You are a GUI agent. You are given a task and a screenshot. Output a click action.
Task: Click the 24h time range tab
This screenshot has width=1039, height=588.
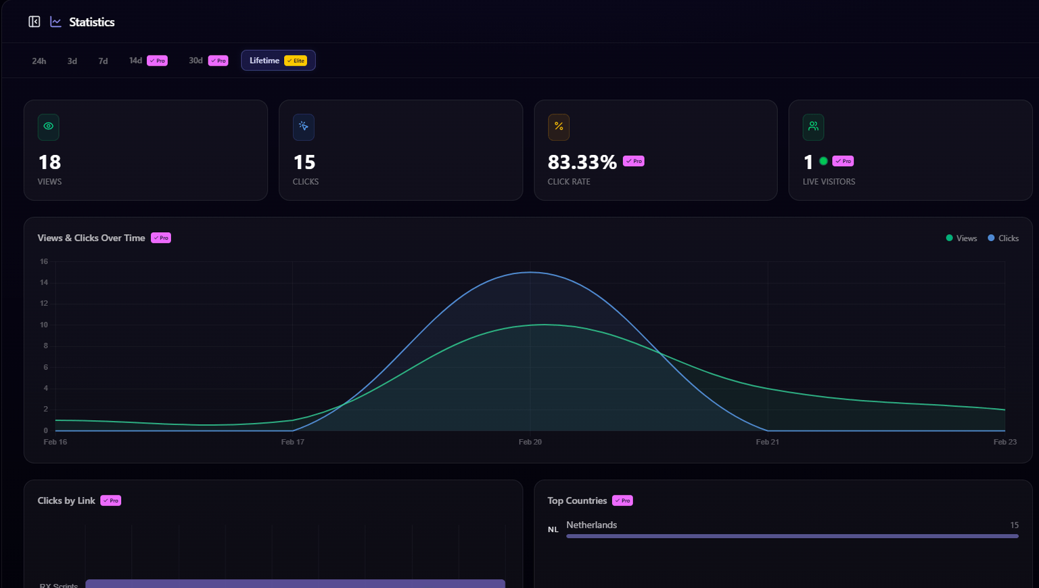point(39,61)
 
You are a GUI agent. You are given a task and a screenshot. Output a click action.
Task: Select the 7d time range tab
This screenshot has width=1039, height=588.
point(103,61)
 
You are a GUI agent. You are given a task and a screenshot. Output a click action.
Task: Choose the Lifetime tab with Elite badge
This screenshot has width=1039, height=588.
point(278,60)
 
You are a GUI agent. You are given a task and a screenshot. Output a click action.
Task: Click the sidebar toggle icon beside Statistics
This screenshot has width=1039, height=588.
point(34,22)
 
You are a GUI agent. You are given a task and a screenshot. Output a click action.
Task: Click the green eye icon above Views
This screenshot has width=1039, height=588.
point(49,127)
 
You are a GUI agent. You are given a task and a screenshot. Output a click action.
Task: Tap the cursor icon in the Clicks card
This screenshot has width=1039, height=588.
point(304,127)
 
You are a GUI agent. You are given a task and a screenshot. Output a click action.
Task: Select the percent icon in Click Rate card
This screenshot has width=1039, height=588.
point(559,127)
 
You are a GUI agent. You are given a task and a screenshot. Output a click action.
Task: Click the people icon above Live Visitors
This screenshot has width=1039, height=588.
point(813,127)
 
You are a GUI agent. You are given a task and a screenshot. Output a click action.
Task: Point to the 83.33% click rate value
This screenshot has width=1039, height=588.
point(582,162)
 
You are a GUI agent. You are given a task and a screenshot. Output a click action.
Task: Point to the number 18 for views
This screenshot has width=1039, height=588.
point(49,162)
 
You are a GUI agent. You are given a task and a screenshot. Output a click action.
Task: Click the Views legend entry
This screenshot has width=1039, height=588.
point(961,238)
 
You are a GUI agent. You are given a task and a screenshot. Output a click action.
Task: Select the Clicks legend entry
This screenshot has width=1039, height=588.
point(1003,238)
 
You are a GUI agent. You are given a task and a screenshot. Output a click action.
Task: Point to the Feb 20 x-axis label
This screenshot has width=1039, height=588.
point(530,442)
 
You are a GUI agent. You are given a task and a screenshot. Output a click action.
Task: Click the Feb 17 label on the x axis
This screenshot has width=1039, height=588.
point(293,442)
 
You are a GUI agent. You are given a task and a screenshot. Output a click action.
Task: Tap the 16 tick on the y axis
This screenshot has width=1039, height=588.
point(44,261)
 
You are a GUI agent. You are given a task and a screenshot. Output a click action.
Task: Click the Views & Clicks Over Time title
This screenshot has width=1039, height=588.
point(91,238)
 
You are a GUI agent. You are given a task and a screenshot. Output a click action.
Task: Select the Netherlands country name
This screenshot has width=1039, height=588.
point(591,525)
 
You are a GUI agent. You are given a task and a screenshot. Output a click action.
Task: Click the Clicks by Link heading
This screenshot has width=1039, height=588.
point(66,501)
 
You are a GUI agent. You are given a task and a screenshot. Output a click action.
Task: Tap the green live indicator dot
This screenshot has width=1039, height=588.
point(823,161)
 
